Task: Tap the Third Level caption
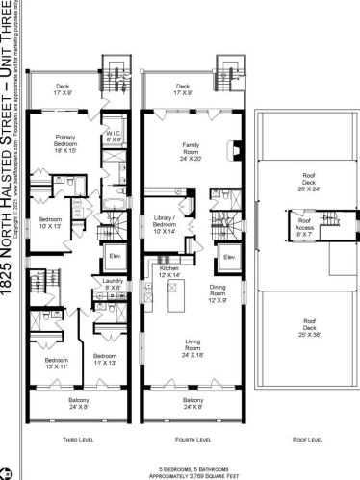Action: click(76, 439)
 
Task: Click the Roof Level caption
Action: click(309, 439)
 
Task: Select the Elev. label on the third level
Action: click(112, 256)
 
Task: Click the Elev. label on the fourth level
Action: click(229, 258)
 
